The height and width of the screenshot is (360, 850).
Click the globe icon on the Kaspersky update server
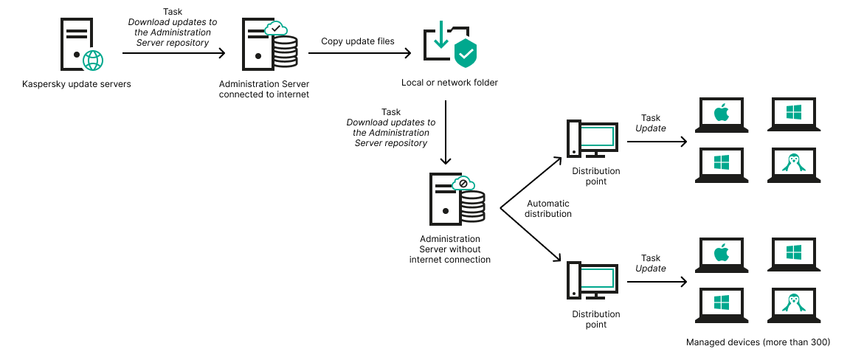(x=93, y=60)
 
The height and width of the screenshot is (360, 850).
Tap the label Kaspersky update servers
(x=76, y=84)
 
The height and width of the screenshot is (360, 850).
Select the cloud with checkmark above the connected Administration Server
(x=276, y=30)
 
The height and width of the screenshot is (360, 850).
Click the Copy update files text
(x=357, y=41)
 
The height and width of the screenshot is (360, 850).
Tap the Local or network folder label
(x=449, y=83)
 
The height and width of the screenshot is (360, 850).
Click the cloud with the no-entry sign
(x=464, y=183)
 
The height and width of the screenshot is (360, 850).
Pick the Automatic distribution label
(x=548, y=209)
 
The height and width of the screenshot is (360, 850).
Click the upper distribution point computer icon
(x=591, y=138)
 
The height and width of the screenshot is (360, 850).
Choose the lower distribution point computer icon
(x=591, y=279)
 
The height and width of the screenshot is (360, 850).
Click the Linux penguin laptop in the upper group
(x=793, y=163)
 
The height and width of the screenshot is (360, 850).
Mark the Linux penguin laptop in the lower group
(x=793, y=303)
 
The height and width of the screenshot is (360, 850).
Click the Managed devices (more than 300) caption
(x=758, y=342)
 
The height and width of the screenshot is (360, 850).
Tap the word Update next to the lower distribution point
(x=651, y=269)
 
